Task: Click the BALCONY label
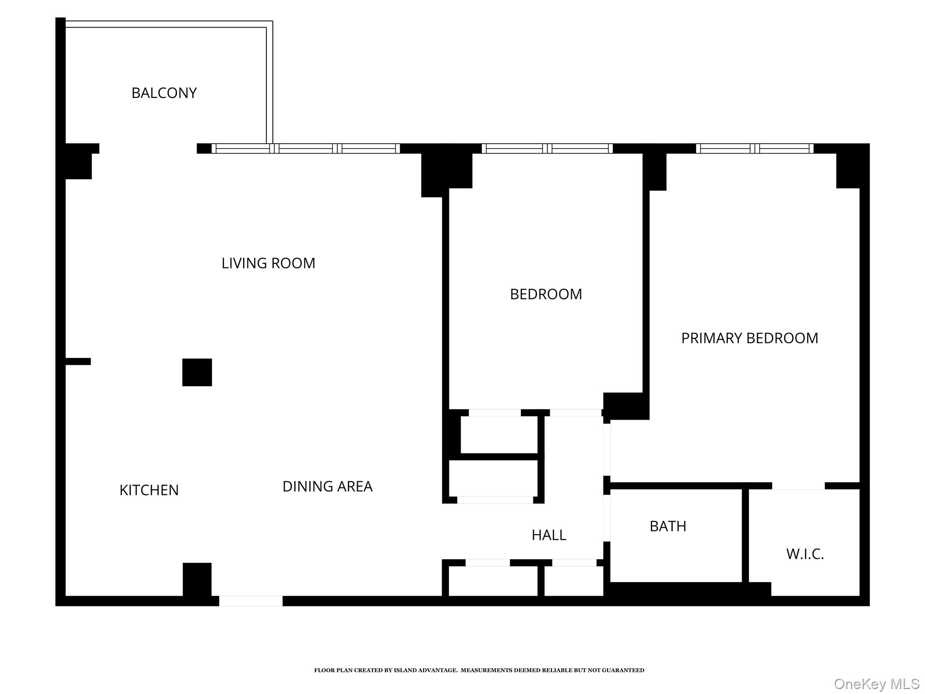pyautogui.click(x=164, y=93)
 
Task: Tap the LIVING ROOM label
pyautogui.click(x=268, y=263)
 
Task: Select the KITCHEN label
pyautogui.click(x=149, y=490)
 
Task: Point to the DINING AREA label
pyautogui.click(x=327, y=486)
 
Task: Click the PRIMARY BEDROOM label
pyautogui.click(x=749, y=338)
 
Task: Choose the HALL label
pyautogui.click(x=549, y=535)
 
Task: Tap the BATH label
pyautogui.click(x=668, y=526)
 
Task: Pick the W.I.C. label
pyautogui.click(x=805, y=554)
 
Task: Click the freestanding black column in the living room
pyautogui.click(x=197, y=372)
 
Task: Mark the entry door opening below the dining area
pyautogui.click(x=251, y=601)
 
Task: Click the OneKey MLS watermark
pyautogui.click(x=876, y=684)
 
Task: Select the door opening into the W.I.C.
pyautogui.click(x=798, y=486)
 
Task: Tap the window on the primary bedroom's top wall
pyautogui.click(x=754, y=148)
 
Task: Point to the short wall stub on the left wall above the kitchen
pyautogui.click(x=78, y=361)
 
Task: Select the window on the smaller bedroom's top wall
pyautogui.click(x=547, y=148)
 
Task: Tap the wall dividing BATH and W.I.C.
pyautogui.click(x=745, y=535)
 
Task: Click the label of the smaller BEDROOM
pyautogui.click(x=546, y=294)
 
